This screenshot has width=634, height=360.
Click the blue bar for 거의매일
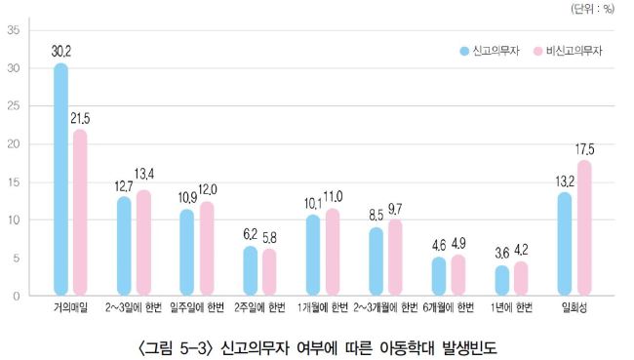[60, 180]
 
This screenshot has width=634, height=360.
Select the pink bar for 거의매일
[80, 213]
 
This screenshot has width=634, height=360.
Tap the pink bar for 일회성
[584, 227]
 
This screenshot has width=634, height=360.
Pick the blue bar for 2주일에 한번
[251, 270]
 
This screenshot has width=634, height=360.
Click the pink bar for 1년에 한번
[521, 278]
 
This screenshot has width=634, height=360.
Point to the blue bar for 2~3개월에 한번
[376, 261]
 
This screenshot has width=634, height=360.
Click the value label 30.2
[61, 52]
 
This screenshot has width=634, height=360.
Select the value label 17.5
[584, 149]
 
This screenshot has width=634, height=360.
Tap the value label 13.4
[144, 175]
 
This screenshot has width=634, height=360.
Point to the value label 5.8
[269, 238]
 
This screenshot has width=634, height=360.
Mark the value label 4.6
[439, 246]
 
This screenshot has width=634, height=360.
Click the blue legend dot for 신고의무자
[464, 51]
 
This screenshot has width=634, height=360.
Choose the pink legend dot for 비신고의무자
[537, 51]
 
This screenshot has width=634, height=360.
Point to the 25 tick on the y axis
[14, 106]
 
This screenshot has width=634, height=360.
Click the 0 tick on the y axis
[17, 296]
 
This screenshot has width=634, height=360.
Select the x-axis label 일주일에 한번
[197, 308]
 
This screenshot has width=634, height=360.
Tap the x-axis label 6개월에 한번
[449, 308]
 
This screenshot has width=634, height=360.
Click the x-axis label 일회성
[575, 308]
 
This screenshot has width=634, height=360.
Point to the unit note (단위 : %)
[592, 9]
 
